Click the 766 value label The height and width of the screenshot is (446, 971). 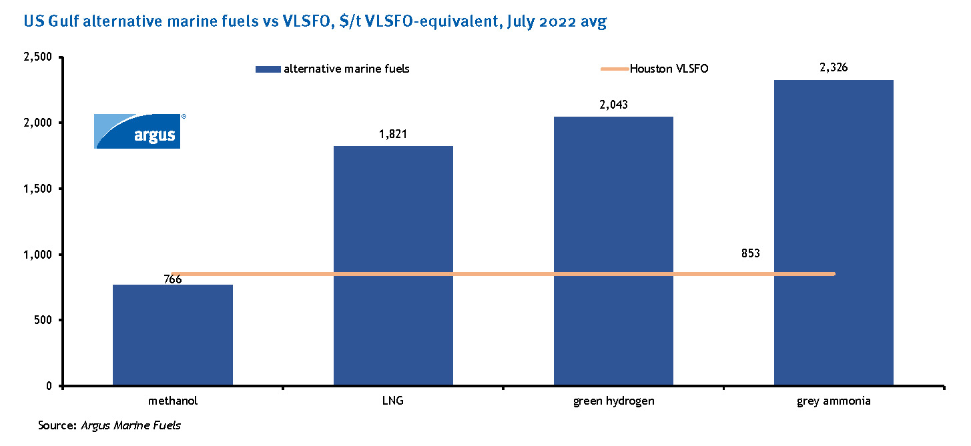pyautogui.click(x=173, y=279)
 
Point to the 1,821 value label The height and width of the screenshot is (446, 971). pyautogui.click(x=392, y=135)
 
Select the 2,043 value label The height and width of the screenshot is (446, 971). pyautogui.click(x=613, y=105)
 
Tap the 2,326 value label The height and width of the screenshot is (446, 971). pyautogui.click(x=834, y=68)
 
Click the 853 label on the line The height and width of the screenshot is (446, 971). pyautogui.click(x=751, y=253)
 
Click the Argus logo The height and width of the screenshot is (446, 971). pyautogui.click(x=138, y=131)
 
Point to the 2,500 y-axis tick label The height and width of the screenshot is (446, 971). pyautogui.click(x=37, y=57)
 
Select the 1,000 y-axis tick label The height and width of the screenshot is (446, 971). pyautogui.click(x=37, y=255)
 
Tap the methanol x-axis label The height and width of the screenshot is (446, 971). pyautogui.click(x=173, y=401)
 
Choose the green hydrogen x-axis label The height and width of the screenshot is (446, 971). pyautogui.click(x=613, y=401)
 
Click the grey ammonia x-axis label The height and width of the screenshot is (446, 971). pyautogui.click(x=834, y=401)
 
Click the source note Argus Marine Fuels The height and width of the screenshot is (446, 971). pyautogui.click(x=131, y=425)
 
